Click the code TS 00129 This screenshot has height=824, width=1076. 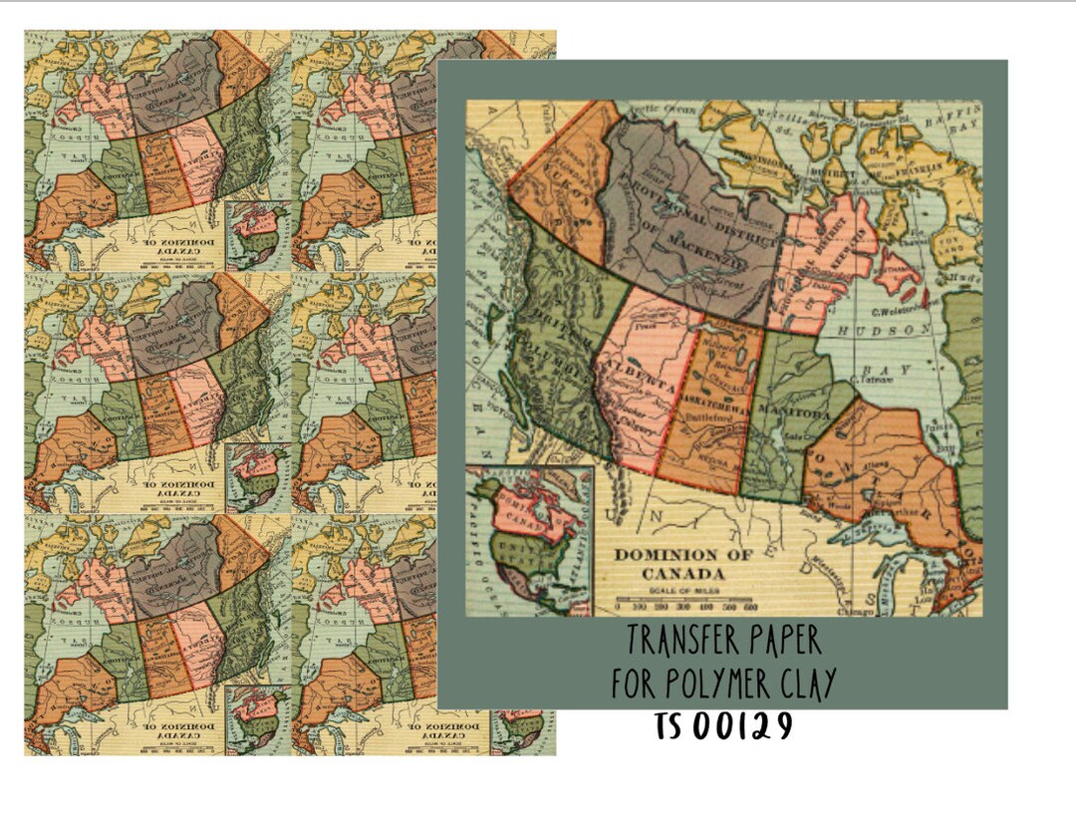723,726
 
